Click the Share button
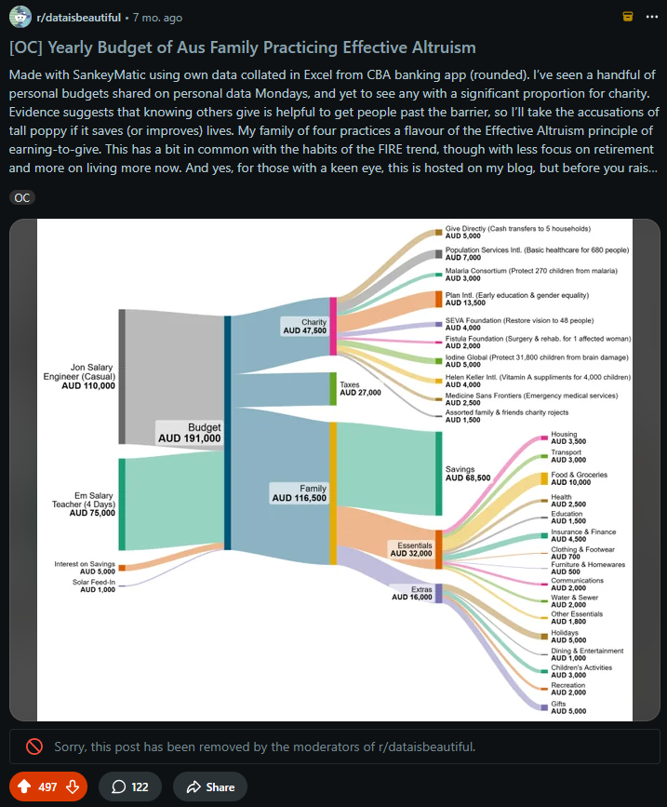(209, 787)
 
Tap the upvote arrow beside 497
(22, 787)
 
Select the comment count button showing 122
(129, 787)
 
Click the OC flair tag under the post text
(22, 197)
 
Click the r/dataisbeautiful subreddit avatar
(20, 17)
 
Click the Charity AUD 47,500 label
(304, 326)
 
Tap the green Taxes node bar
(333, 388)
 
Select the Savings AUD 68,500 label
(468, 472)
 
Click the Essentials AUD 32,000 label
(410, 548)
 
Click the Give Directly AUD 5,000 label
(517, 232)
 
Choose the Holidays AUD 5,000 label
(570, 636)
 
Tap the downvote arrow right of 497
(72, 787)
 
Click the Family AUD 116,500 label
(299, 492)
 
